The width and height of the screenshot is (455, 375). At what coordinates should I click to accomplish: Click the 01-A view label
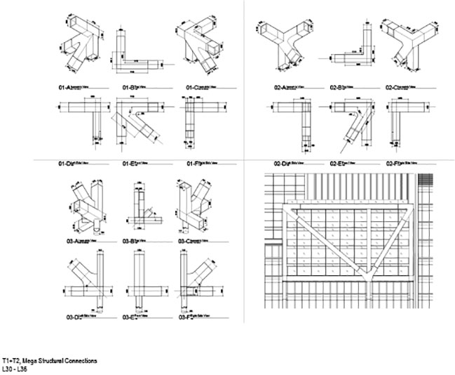click(65, 88)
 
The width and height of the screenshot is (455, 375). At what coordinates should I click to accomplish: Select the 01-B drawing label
click(121, 88)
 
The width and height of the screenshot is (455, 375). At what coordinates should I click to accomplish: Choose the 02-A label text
click(283, 88)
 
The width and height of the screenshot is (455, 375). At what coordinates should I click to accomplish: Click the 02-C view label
click(393, 88)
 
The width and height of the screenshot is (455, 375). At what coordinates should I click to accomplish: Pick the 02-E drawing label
click(337, 163)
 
